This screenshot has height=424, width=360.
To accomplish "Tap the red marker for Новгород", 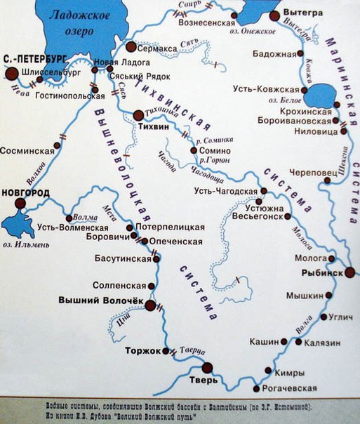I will click(x=20, y=203).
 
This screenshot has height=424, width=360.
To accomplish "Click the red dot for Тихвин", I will click(x=138, y=115).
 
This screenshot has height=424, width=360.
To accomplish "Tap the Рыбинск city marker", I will click(x=349, y=272).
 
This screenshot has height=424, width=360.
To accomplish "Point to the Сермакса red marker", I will click(x=131, y=46).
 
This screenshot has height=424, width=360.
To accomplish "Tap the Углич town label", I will click(x=339, y=317).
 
